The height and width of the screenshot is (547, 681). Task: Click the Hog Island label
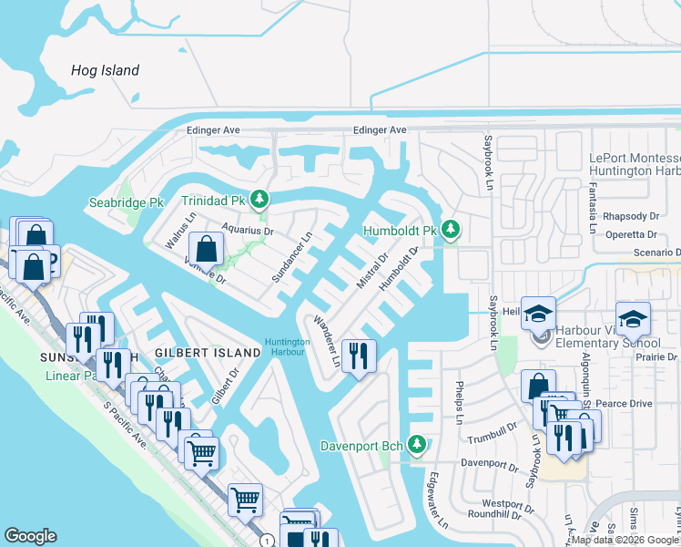point(106,70)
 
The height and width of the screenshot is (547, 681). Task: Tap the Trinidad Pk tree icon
point(260,199)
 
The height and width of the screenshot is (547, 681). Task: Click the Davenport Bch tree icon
point(417,445)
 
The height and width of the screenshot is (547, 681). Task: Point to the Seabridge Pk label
point(126,201)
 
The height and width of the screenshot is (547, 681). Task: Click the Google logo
point(30,536)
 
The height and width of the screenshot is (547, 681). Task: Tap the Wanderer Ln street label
point(326,342)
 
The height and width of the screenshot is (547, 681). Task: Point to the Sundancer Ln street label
point(292,256)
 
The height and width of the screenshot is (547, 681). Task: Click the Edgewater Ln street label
point(437,501)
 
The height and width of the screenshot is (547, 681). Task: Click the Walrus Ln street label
point(179,231)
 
